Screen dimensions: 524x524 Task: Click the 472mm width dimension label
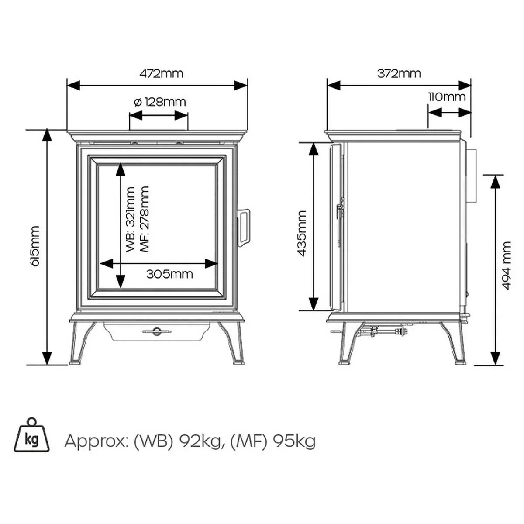pyautogui.click(x=161, y=73)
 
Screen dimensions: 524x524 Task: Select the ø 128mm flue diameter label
pyautogui.click(x=160, y=102)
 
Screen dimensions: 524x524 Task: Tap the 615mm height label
pyautogui.click(x=36, y=246)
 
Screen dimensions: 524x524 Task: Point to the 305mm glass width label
pyautogui.click(x=170, y=274)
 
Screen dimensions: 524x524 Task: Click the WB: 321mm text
pyautogui.click(x=130, y=220)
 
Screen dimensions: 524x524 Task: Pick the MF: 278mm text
pyautogui.click(x=144, y=219)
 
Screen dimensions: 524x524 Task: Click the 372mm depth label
pyautogui.click(x=399, y=73)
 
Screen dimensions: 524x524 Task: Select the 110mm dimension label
pyautogui.click(x=447, y=97)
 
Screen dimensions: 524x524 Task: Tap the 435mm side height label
pyautogui.click(x=302, y=234)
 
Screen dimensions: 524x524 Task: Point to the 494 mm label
pyautogui.click(x=507, y=265)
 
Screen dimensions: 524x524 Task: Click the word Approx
pyautogui.click(x=95, y=441)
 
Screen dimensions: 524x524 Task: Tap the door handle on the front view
pyautogui.click(x=243, y=228)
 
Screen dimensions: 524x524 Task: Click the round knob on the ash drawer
pyautogui.click(x=157, y=331)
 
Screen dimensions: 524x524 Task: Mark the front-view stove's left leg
pyautogui.click(x=82, y=343)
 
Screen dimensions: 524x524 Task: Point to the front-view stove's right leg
pyautogui.click(x=232, y=343)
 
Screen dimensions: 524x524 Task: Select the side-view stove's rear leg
pyautogui.click(x=453, y=343)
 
